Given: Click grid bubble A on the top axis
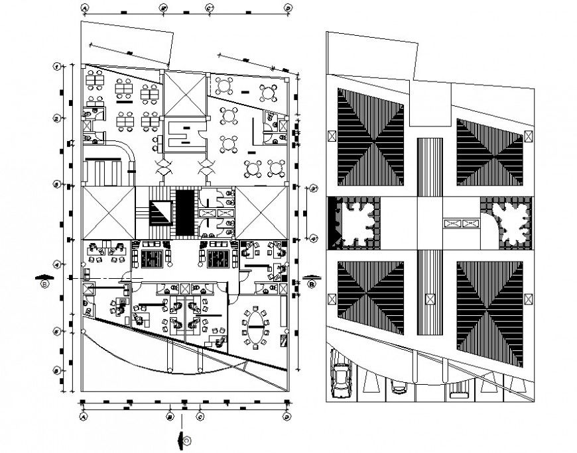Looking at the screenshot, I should click(84, 7).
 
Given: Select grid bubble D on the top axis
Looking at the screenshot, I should click(288, 7).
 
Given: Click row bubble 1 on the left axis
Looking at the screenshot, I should click(58, 66).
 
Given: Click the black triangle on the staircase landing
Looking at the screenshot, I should click(160, 212).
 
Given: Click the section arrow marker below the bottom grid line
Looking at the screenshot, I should click(181, 439).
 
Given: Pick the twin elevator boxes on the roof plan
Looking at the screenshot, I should click(462, 224).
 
